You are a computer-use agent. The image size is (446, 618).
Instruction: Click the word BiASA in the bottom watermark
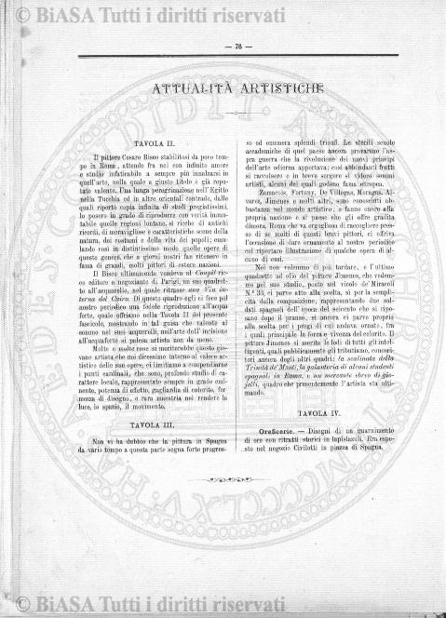[x=72, y=603]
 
